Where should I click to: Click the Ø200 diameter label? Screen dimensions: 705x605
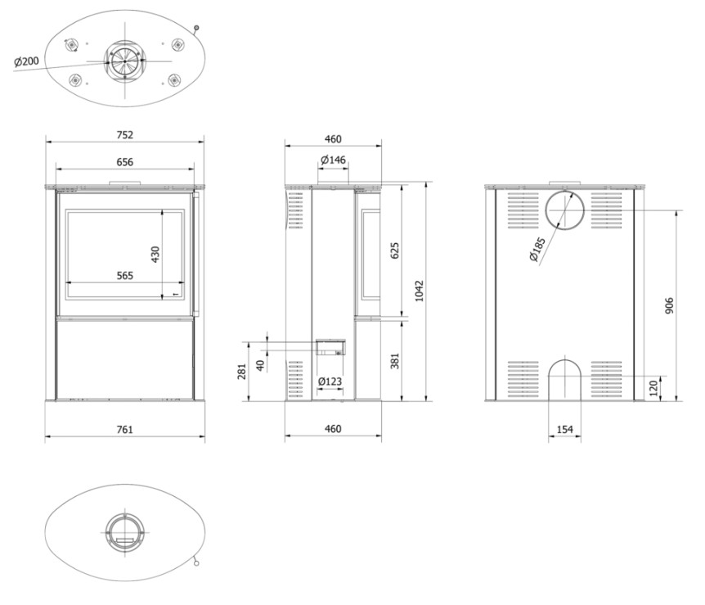26,61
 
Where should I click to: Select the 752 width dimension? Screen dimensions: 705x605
125,134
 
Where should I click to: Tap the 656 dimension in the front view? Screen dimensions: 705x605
125,162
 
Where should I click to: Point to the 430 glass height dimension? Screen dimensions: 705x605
155,255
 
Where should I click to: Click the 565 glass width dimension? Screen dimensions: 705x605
125,275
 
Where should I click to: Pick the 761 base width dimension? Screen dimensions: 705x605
125,430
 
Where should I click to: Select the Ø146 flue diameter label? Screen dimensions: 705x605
333,160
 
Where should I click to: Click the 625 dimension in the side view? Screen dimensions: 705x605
395,251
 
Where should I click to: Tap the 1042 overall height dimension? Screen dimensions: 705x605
419,291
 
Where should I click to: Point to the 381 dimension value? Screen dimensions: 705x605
395,360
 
